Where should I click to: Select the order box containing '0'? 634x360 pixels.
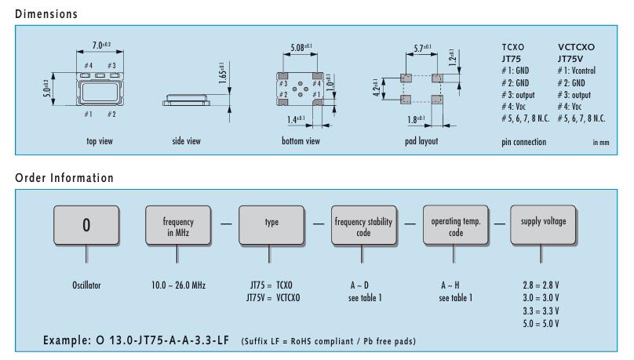click(86, 226)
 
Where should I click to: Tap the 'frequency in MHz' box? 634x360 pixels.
click(177, 226)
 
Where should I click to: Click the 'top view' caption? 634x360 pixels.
click(102, 141)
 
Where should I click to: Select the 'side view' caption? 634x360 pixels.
click(186, 141)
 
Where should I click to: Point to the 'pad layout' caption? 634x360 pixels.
click(424, 141)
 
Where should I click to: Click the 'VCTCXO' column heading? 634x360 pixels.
click(576, 48)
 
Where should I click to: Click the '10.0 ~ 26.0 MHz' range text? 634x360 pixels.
click(177, 285)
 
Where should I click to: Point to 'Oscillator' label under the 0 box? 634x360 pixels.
click(86, 285)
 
